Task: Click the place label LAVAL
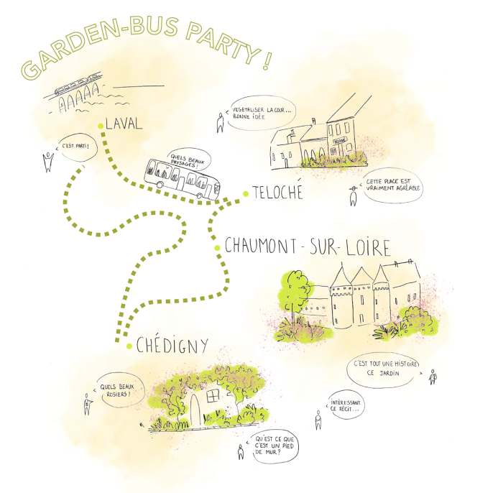(124, 124)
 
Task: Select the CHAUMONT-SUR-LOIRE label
(308, 247)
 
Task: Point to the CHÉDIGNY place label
(172, 345)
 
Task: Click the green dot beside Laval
(101, 126)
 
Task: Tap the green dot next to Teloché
(246, 194)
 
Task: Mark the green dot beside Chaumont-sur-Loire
(217, 248)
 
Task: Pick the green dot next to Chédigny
(129, 346)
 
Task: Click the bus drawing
(182, 179)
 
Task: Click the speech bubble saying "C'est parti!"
(78, 147)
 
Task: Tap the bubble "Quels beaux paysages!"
(189, 160)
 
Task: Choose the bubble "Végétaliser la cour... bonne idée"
(262, 113)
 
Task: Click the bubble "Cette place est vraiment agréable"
(393, 185)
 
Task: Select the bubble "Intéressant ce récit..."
(346, 405)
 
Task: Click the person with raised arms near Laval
(48, 162)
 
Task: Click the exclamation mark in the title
(267, 60)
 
